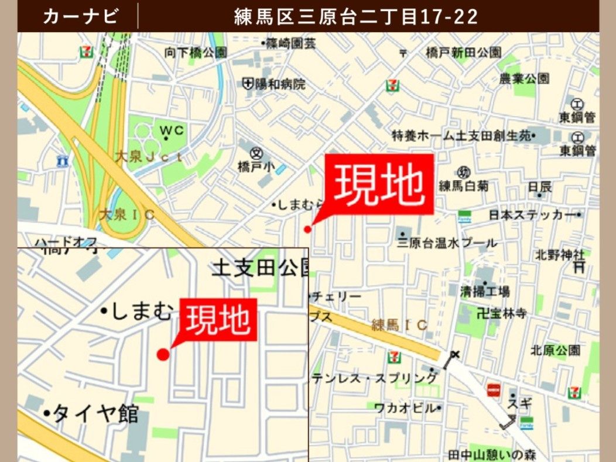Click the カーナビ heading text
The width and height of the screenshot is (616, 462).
[x=80, y=16]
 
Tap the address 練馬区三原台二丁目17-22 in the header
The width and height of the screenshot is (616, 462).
[x=356, y=16]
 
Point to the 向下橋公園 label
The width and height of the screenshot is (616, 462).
[x=196, y=53]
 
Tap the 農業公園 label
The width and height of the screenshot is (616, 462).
[x=524, y=78]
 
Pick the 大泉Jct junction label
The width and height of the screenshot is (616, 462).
[x=148, y=156]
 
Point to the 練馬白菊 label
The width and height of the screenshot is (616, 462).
[x=463, y=186]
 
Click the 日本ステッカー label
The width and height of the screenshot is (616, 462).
[x=532, y=215]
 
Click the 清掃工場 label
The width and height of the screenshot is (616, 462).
[x=484, y=291]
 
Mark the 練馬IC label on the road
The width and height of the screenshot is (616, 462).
[x=399, y=325]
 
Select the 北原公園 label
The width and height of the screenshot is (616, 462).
[x=555, y=350]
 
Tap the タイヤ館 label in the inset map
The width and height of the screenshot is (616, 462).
[x=96, y=414]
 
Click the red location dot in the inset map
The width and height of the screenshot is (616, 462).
[x=163, y=354]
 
